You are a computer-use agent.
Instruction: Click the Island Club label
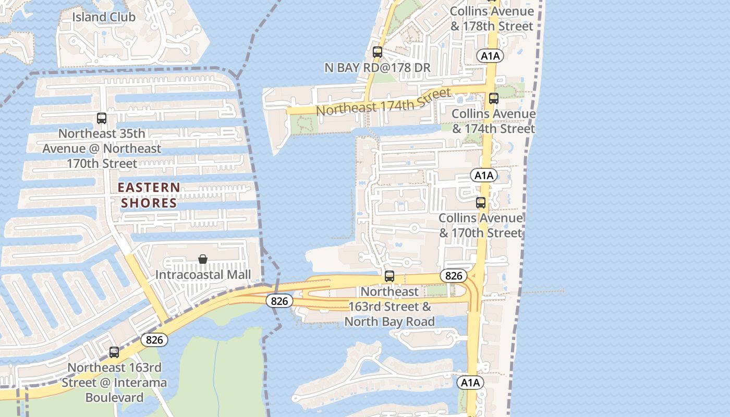104,17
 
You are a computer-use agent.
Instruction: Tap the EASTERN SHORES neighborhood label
149,195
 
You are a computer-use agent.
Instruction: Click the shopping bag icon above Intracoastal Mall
203,259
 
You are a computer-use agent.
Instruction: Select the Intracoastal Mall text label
203,274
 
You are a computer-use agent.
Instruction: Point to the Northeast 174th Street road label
383,103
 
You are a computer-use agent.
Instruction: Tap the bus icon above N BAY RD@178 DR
378,52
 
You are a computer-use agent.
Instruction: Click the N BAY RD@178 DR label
378,67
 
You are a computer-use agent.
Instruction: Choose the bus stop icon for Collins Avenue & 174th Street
493,98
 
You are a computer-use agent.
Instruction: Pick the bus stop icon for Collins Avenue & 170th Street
481,203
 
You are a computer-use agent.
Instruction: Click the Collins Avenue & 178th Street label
492,19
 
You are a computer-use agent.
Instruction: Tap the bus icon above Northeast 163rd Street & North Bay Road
389,276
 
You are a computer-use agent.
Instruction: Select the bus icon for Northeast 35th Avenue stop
102,118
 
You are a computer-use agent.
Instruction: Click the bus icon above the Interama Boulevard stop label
114,352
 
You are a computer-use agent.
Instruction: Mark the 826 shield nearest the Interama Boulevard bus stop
154,340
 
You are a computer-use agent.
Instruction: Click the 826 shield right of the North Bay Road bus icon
454,276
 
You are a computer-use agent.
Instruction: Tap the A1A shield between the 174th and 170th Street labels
484,175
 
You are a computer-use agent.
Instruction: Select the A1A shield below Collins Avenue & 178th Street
490,56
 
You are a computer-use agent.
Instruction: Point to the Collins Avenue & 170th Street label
480,225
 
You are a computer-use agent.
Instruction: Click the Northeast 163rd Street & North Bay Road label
390,306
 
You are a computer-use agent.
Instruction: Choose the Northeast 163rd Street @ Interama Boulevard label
115,383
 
